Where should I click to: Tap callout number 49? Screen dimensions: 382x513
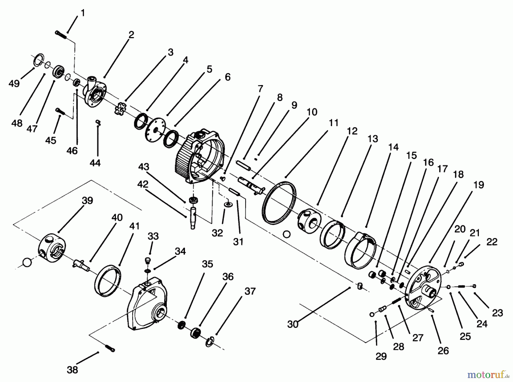[14, 84]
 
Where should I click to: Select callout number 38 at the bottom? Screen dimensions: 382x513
[72, 370]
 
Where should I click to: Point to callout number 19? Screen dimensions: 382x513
[479, 185]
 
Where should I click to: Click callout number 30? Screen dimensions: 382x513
[292, 324]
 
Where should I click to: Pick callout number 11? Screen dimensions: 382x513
[333, 123]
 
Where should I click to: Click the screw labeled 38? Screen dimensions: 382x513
[110, 348]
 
